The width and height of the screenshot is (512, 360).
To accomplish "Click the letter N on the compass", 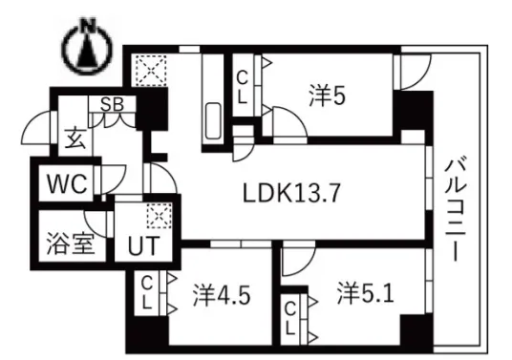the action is pos(89,25).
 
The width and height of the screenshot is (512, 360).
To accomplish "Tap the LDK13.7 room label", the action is pos(291,193).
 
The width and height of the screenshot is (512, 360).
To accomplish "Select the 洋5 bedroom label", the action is pos(328,95).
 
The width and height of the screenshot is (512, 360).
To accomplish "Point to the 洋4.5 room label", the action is pos(222,295).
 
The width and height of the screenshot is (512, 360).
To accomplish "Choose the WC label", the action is pos(67,183).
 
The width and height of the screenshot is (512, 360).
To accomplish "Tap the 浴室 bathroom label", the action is pos(71,244).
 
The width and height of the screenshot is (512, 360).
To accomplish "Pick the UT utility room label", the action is pos(143,245).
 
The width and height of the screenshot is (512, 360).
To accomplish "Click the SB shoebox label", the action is pos(112,104).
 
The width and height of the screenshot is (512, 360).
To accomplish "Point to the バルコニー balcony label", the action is pos(456,209).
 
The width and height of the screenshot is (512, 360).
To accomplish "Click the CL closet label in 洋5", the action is pos(242,87).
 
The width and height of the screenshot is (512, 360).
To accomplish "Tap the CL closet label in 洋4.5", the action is pos(147,294).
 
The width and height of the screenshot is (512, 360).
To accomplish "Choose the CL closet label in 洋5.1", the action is pos(290,319).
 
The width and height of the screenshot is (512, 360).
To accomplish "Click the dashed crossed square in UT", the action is pos(160,215).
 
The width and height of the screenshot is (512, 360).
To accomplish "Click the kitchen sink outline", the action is pos(213,121).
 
